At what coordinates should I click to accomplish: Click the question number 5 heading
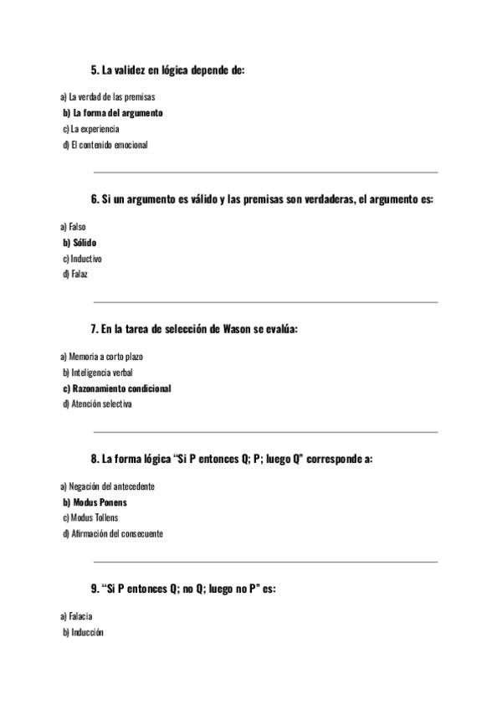[167, 70]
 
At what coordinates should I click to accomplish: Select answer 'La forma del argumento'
[113, 112]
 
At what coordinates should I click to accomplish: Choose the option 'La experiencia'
[91, 129]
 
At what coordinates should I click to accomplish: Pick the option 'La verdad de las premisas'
[107, 96]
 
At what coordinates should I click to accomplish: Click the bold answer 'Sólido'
[80, 243]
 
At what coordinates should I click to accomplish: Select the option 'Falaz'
[75, 275]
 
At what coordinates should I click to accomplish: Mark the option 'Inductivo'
[83, 259]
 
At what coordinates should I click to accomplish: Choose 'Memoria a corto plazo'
[101, 356]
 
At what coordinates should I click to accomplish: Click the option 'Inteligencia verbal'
[98, 373]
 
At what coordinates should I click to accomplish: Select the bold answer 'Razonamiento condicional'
[117, 388]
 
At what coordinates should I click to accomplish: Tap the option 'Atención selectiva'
[98, 404]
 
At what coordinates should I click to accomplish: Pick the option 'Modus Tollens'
[90, 518]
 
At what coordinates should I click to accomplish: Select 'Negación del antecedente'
[107, 486]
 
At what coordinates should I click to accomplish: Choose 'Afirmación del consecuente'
[113, 534]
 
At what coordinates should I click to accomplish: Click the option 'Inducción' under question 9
[83, 632]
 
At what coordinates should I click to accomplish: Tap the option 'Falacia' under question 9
[75, 616]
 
